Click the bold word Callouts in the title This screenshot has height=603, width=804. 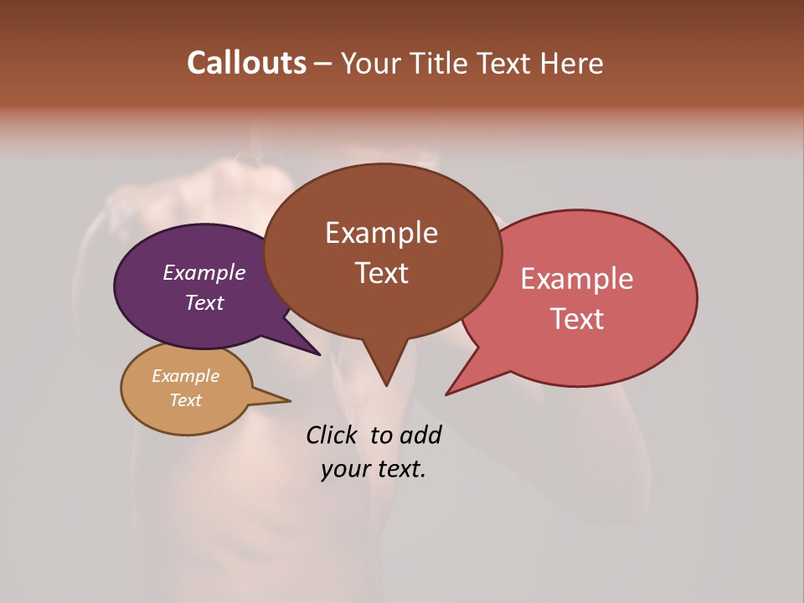click(246, 63)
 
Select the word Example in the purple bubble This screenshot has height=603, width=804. click(204, 272)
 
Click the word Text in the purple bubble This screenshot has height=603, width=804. click(204, 302)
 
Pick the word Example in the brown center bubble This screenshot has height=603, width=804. click(381, 233)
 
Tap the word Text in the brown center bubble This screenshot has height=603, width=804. click(381, 273)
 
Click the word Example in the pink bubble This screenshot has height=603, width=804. click(577, 279)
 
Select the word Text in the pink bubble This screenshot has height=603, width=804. click(577, 318)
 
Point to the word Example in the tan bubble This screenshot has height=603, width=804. click(186, 376)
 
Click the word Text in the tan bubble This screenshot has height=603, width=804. click(186, 400)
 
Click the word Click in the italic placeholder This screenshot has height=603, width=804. click(332, 435)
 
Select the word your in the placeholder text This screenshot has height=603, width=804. click(345, 469)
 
